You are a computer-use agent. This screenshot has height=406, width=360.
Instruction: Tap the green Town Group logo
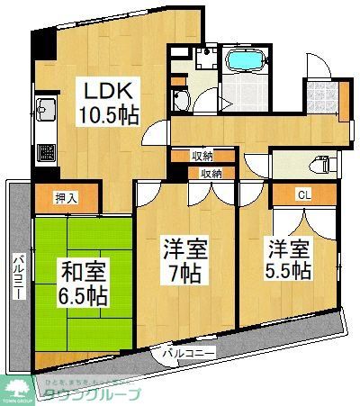point(16,386)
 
